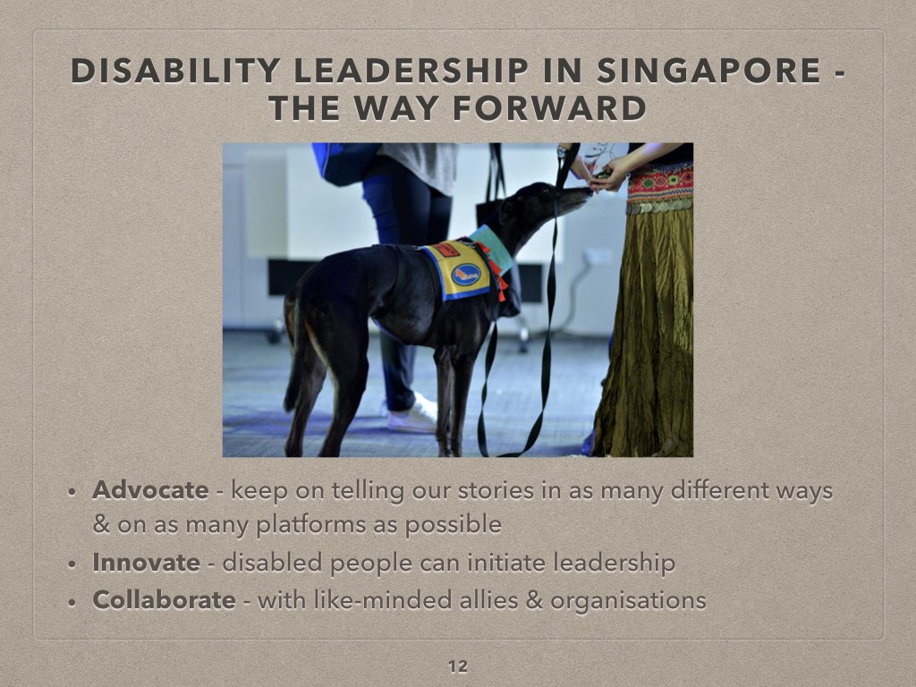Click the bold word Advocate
point(150,489)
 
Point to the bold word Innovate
point(146,562)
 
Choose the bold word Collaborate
point(164,599)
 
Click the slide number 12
point(458,666)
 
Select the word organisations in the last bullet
point(628,600)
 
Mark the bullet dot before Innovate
point(72,564)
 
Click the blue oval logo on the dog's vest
point(466,274)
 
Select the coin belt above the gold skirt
point(659,205)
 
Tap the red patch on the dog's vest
point(445,250)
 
